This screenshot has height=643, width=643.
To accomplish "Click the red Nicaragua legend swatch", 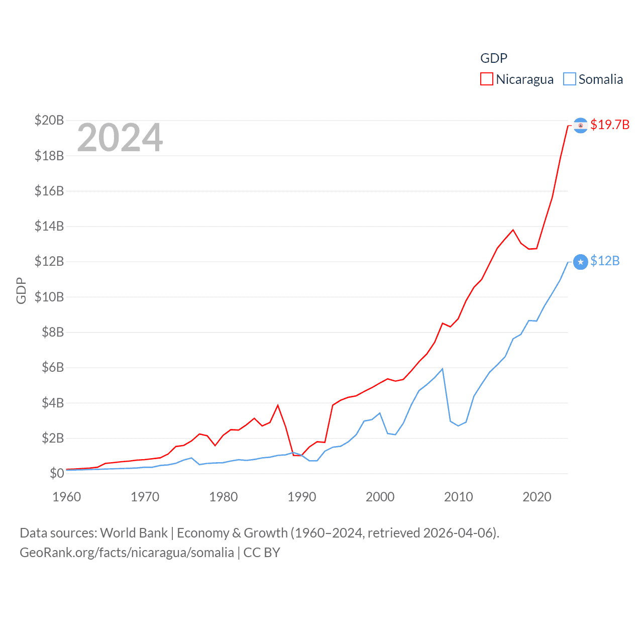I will (486, 79).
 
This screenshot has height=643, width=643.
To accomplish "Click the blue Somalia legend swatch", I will (569, 79).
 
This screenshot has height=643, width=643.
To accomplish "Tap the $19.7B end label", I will (610, 125).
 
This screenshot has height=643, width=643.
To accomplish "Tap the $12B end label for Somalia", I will (605, 261).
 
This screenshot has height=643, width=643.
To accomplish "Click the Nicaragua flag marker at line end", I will (580, 126).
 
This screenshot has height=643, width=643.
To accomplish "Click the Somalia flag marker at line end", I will (580, 262).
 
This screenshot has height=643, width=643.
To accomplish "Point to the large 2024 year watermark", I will (120, 138).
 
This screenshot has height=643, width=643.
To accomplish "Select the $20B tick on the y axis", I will (49, 120).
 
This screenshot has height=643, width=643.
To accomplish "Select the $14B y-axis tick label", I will (49, 226).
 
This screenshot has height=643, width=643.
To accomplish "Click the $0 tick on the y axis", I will (57, 473).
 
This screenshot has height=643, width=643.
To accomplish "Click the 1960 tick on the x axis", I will (67, 497).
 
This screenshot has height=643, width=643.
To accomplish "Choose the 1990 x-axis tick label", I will (302, 497).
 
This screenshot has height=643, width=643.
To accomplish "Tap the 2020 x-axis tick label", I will (537, 497).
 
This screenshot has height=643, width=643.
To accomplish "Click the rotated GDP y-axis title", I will (21, 290).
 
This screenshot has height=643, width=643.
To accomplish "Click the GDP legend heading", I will (494, 58).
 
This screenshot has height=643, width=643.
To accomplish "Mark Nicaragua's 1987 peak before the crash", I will (278, 405).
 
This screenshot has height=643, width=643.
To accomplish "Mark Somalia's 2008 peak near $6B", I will (442, 369).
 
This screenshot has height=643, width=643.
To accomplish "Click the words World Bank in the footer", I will (134, 532).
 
